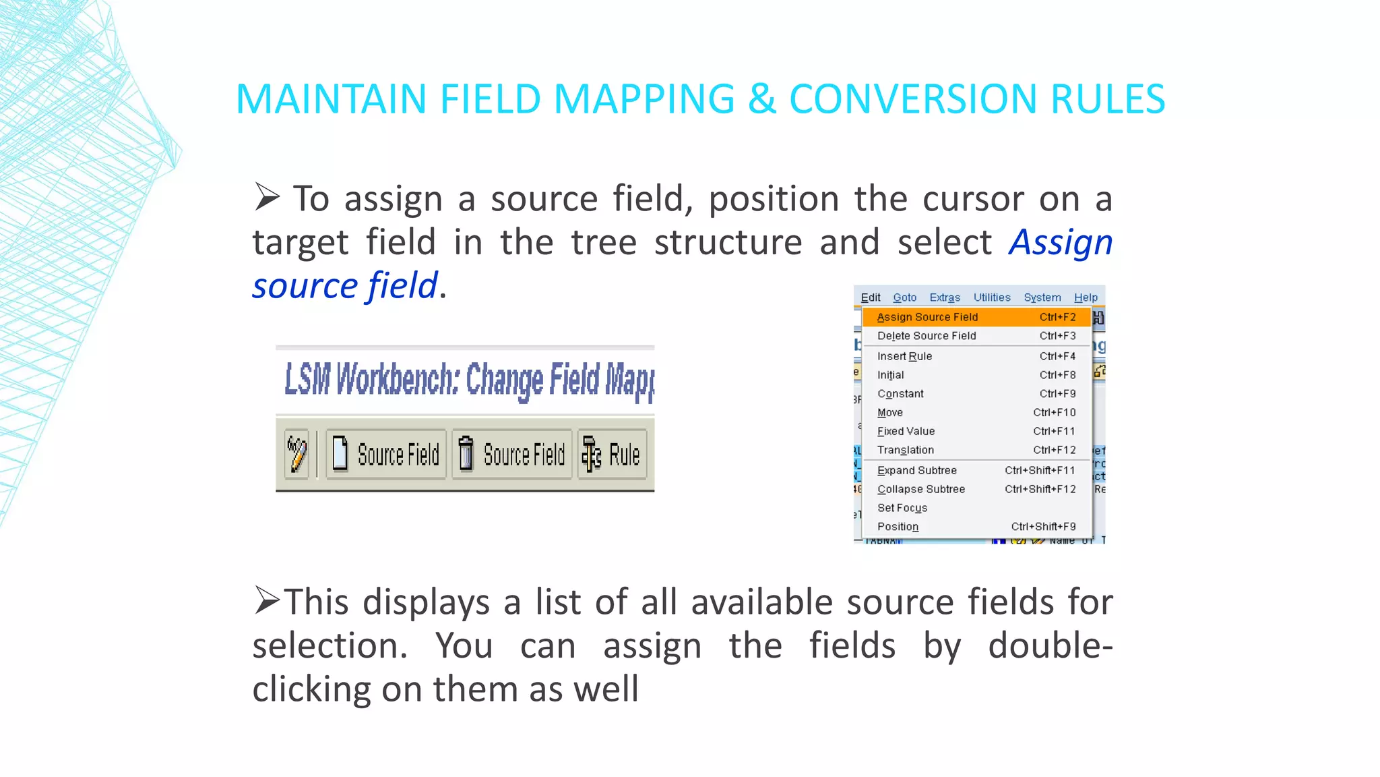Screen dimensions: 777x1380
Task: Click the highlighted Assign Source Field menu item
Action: tap(927, 317)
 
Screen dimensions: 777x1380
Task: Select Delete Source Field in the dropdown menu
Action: tap(927, 336)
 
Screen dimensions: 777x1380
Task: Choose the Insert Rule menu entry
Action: tap(904, 356)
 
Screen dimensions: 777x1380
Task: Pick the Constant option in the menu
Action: tap(900, 394)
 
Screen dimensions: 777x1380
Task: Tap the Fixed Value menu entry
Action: tap(906, 431)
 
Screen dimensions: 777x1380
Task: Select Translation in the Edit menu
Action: tap(906, 450)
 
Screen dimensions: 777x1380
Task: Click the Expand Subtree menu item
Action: tap(916, 470)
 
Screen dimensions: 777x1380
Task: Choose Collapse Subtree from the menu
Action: tap(920, 489)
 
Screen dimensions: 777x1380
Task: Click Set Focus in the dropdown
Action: tap(902, 508)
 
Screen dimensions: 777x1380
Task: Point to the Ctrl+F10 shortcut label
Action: tap(1054, 412)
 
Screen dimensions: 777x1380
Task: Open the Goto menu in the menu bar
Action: tap(904, 297)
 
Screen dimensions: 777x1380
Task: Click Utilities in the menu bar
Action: tap(992, 297)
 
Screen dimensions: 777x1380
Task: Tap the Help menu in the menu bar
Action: tap(1086, 297)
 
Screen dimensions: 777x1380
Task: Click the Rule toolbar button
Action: tap(612, 454)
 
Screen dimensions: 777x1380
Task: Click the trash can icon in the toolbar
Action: tap(465, 453)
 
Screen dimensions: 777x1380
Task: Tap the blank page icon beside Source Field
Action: tap(340, 453)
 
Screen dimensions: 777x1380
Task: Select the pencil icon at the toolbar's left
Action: tap(296, 453)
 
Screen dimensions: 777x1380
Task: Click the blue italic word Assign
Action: tap(1060, 242)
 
